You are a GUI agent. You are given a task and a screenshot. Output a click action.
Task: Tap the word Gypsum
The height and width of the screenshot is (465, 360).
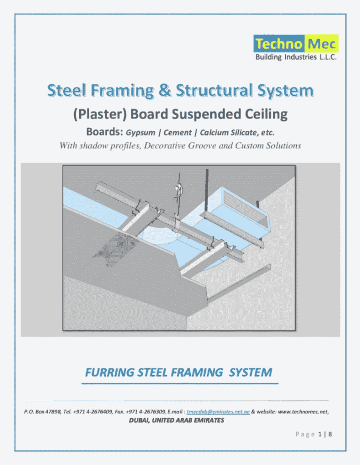[x=141, y=133]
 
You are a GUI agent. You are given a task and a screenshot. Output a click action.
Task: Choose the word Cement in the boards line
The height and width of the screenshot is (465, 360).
[x=178, y=133]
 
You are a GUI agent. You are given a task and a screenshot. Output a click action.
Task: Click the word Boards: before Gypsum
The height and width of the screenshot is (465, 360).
[x=104, y=133]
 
